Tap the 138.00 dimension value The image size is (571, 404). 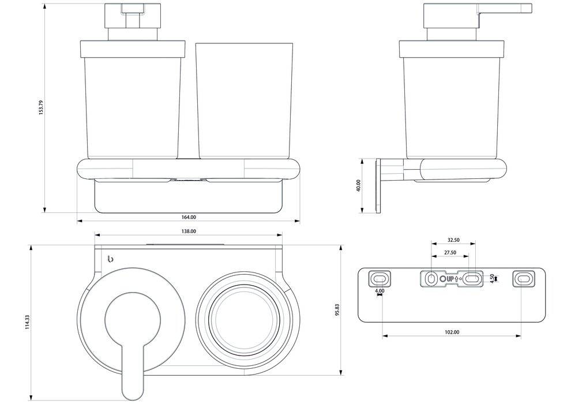[189, 231]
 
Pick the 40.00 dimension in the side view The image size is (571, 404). [358, 185]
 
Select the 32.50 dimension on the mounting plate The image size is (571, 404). [453, 240]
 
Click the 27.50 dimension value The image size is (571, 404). [450, 253]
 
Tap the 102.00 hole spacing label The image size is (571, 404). [452, 332]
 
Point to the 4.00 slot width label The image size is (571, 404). [379, 291]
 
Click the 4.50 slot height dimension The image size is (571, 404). [491, 278]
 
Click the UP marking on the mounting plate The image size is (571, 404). [450, 279]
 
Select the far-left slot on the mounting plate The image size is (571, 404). [379, 279]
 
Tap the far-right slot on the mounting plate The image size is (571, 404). [524, 279]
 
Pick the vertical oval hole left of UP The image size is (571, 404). [430, 279]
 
